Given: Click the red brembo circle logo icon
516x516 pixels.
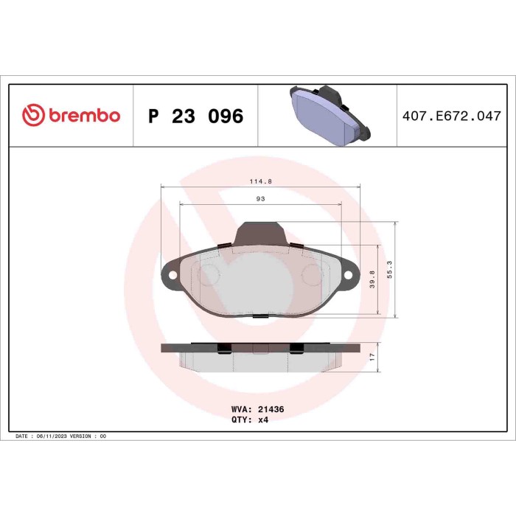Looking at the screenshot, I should click(x=35, y=116).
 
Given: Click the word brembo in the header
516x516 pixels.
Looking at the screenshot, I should click(x=83, y=116).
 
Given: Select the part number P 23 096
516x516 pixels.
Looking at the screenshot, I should click(x=195, y=116).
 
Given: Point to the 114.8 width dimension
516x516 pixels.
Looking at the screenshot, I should click(x=255, y=181).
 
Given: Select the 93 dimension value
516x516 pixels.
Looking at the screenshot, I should click(x=260, y=199).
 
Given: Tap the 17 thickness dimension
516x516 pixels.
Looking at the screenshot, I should click(x=373, y=355).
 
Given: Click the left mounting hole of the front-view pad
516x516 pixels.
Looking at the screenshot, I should click(x=173, y=277).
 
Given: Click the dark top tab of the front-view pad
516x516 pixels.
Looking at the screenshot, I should click(x=259, y=234).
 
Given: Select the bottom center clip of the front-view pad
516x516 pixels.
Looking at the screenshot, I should click(x=259, y=315).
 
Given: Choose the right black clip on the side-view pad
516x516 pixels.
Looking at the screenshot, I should click(x=296, y=347).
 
